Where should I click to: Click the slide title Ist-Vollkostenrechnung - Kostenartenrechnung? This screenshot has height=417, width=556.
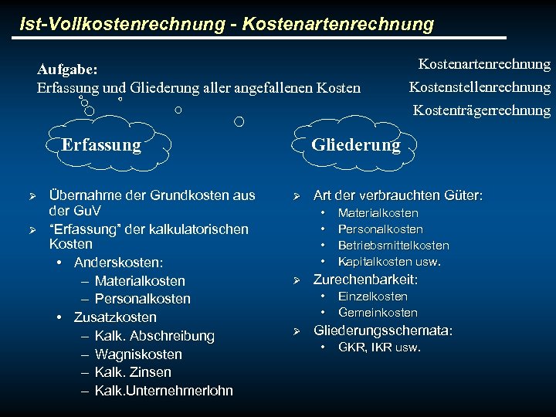(227, 24)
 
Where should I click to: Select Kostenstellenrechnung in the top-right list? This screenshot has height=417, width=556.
(480, 87)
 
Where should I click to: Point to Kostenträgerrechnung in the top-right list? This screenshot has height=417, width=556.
(482, 110)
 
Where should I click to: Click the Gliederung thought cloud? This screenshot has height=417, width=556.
(355, 144)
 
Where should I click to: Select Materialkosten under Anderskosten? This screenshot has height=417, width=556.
(140, 281)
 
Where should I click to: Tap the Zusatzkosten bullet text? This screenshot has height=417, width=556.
(115, 317)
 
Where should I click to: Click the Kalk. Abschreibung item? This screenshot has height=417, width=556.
(154, 336)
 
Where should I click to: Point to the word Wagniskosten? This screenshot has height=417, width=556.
(138, 354)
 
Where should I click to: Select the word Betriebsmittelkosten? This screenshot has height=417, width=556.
(393, 246)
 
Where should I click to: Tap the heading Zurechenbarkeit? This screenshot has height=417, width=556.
(365, 280)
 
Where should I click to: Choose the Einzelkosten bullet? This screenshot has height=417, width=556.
(373, 297)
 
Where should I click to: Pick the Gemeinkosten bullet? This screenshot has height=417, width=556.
(378, 313)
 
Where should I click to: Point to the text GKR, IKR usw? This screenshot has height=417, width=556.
(379, 347)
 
